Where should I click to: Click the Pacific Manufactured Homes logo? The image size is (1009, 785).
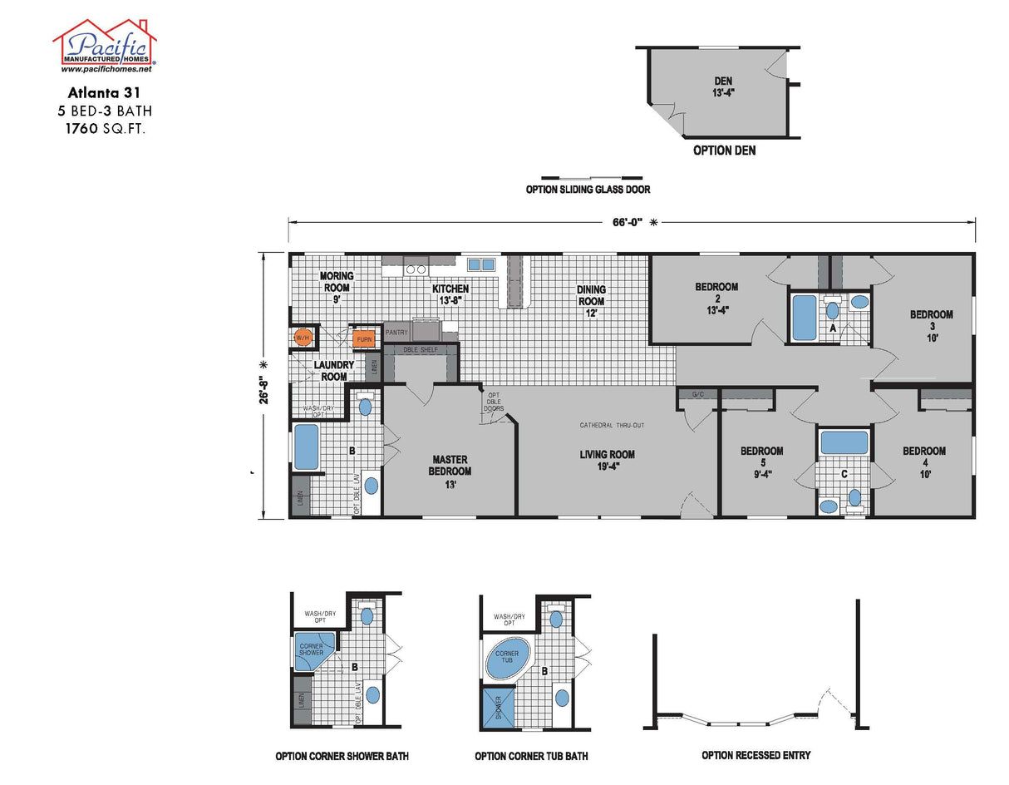tap(105, 46)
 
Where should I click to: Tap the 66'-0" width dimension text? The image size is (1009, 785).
tap(631, 222)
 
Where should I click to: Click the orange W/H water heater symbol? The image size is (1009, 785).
tap(303, 338)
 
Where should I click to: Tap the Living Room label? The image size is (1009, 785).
tap(607, 460)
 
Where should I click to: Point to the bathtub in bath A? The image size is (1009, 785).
tap(804, 318)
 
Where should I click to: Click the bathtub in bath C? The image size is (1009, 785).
tap(844, 442)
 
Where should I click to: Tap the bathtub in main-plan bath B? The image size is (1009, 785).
tap(306, 447)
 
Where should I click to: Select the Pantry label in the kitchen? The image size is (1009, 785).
tap(396, 332)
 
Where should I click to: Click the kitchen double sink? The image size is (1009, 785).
tap(480, 265)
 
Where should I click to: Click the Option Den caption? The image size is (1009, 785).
tap(724, 151)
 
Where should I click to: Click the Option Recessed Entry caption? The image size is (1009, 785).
tap(756, 755)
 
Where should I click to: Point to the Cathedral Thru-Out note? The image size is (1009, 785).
tap(612, 426)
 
